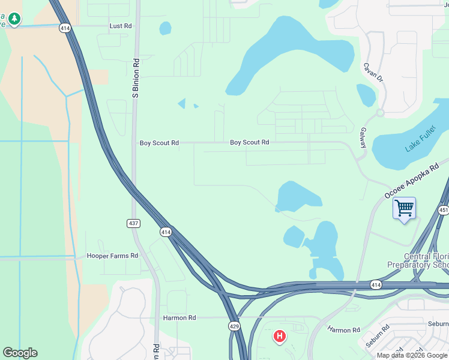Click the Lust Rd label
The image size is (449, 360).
(x=121, y=26)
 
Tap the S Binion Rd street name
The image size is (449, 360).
(x=136, y=78)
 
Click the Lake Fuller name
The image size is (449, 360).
(x=419, y=139)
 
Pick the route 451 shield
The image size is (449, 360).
(x=444, y=210)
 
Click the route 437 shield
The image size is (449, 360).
(x=134, y=223)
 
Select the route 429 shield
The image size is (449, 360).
(x=235, y=326)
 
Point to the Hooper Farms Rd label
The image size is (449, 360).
(x=112, y=256)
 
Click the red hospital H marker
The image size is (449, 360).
(x=279, y=337)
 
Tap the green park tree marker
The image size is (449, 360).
(x=14, y=19)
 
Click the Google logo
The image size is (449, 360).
(x=20, y=353)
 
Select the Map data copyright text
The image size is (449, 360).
(x=412, y=355)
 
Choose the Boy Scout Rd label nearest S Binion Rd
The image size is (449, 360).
(x=159, y=143)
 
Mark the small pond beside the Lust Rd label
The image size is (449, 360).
(x=165, y=28)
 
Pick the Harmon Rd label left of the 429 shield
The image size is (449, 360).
(x=179, y=317)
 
